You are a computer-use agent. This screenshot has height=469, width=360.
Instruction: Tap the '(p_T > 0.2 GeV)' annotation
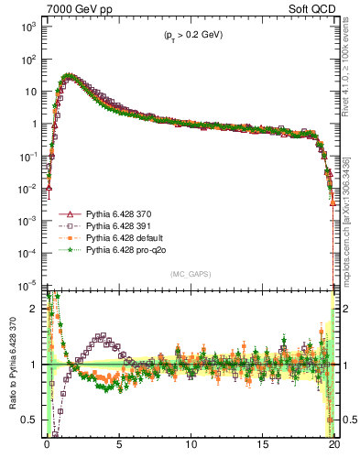coord(188,35)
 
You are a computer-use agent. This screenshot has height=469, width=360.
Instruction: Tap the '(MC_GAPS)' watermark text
coord(188,274)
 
